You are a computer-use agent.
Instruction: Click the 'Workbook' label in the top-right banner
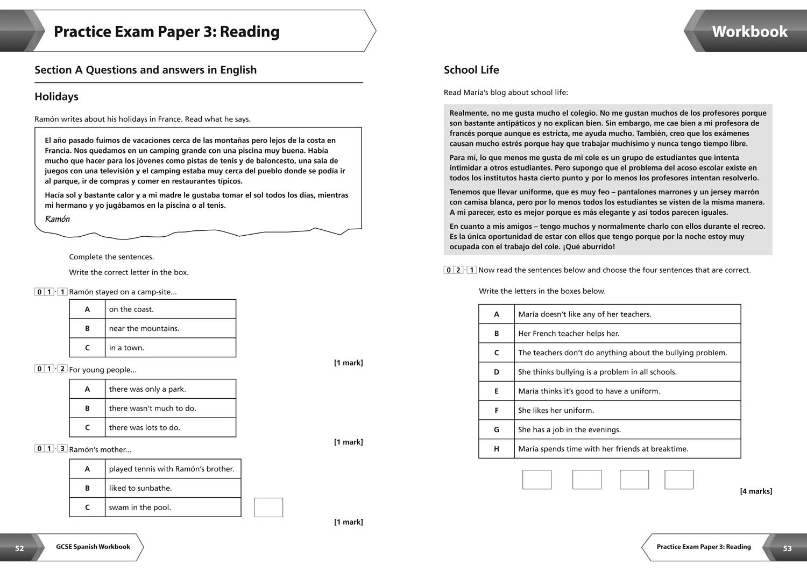[749, 32]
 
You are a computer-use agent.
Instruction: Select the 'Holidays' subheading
[56, 97]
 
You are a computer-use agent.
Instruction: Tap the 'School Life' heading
[471, 70]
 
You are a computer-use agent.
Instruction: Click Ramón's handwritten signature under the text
[58, 219]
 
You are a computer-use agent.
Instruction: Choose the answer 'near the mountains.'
[144, 328]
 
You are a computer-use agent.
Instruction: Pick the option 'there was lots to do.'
[144, 427]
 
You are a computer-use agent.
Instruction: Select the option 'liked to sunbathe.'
[140, 488]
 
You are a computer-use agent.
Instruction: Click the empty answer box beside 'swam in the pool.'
[268, 507]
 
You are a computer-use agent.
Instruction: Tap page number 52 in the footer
[19, 548]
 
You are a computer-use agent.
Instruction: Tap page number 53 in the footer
[787, 548]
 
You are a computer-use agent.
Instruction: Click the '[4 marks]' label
[756, 491]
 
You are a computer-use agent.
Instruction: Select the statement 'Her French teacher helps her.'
[569, 334]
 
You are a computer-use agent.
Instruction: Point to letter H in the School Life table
[497, 449]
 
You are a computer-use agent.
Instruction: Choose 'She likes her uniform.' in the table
[556, 411]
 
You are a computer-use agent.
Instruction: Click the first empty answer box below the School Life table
[537, 480]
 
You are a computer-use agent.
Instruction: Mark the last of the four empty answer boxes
[679, 480]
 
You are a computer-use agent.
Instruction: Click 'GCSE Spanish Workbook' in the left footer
[93, 547]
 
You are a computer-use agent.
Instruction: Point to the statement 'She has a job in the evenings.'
[569, 429]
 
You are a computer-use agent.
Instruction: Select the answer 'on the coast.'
[131, 309]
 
